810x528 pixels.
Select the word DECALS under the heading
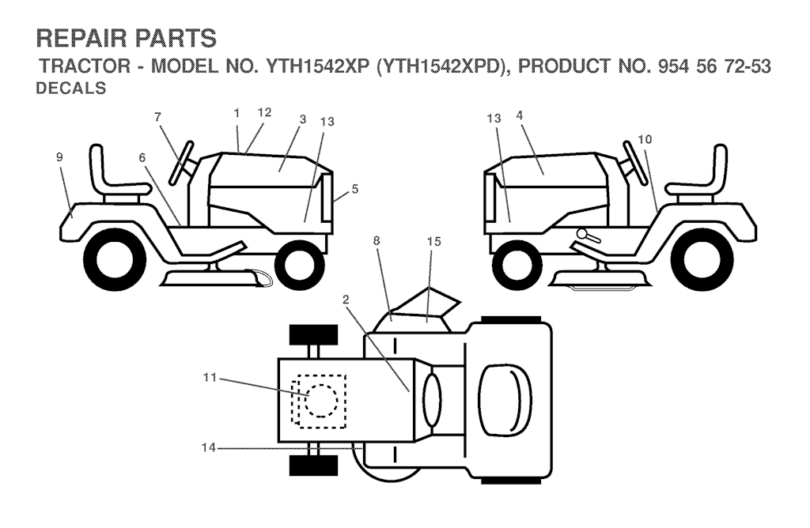pyautogui.click(x=70, y=89)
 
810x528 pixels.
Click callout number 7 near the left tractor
pyautogui.click(x=157, y=117)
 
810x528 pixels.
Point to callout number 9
pyautogui.click(x=59, y=157)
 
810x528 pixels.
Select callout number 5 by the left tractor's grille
pyautogui.click(x=354, y=189)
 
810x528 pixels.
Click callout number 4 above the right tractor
pyautogui.click(x=519, y=115)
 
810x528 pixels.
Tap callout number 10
pyautogui.click(x=645, y=139)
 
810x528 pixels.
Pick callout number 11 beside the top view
pyautogui.click(x=210, y=378)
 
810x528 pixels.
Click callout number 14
pyautogui.click(x=209, y=448)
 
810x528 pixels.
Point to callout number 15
pyautogui.click(x=434, y=242)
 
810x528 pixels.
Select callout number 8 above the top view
pyautogui.click(x=376, y=240)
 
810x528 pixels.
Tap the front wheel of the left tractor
pyautogui.click(x=299, y=265)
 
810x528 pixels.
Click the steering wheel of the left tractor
pyautogui.click(x=181, y=162)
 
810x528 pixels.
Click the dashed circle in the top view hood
pyautogui.click(x=321, y=401)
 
